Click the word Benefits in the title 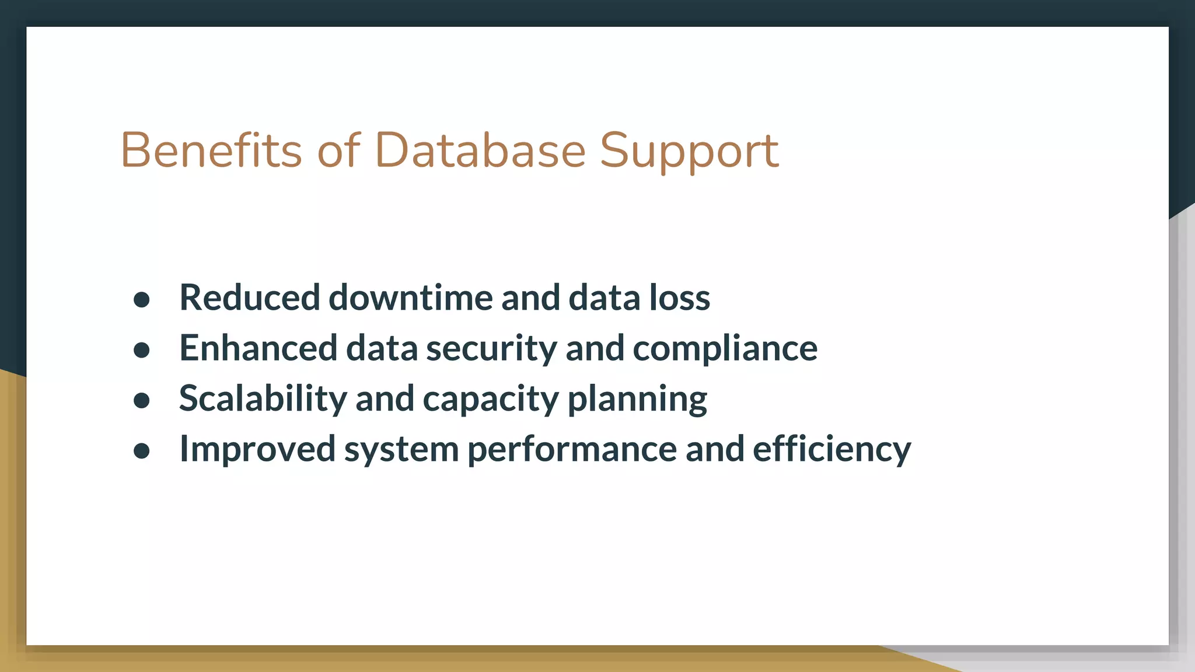tap(211, 150)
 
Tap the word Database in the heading tap(480, 150)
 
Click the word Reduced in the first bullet tap(250, 297)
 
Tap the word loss tap(679, 297)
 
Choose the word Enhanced tap(258, 348)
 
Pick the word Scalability tap(263, 399)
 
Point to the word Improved tap(257, 450)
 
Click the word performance tap(572, 450)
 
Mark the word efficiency tap(831, 450)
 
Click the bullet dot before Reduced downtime tap(142, 300)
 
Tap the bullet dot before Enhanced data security tap(142, 350)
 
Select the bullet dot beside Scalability tap(142, 401)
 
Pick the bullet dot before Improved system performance tap(142, 451)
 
